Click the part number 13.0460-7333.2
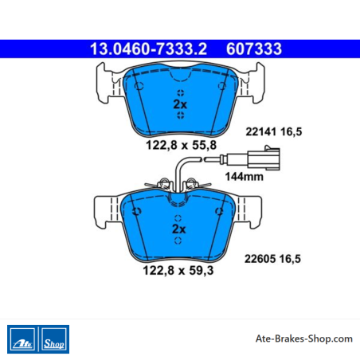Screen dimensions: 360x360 tap(148, 49)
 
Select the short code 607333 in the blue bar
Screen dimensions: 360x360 tap(254, 49)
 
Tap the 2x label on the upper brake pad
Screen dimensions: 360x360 tap(180, 104)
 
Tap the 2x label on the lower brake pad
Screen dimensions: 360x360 tap(179, 229)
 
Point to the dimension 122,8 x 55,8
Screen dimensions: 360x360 tap(182, 145)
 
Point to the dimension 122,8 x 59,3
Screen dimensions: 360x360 tap(178, 271)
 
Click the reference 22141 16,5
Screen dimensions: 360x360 tap(274, 131)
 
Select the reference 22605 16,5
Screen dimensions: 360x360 tap(272, 259)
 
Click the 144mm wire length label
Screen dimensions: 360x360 tap(245, 177)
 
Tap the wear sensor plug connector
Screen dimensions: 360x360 tap(264, 158)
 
